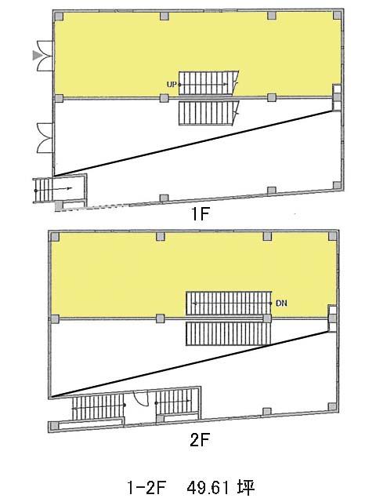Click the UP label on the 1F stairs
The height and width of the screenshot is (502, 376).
coord(172,85)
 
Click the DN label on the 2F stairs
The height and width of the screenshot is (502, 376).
coord(281,303)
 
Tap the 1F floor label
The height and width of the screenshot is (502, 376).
coord(200,214)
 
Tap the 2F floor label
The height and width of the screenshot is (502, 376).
coord(199,441)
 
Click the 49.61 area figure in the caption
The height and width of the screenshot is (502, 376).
coord(208,488)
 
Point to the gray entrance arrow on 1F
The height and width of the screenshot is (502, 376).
coord(38,56)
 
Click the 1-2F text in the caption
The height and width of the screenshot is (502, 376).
coord(146,488)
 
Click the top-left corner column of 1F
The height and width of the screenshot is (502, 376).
coord(59,16)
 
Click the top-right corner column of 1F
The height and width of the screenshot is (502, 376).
coord(338,15)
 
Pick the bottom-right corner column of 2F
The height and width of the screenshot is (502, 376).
coord(332,406)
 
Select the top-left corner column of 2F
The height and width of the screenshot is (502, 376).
coord(55,237)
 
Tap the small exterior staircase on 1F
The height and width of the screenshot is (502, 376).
coord(42,191)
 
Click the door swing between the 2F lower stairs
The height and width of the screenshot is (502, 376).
coord(140,398)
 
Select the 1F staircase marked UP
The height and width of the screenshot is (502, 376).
coord(208,83)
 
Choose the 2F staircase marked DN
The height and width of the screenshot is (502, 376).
coord(229,304)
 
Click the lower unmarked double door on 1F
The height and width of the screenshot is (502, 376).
coord(45,138)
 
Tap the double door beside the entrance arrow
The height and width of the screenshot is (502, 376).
coord(45,56)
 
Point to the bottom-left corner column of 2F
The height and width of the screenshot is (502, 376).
coord(55,426)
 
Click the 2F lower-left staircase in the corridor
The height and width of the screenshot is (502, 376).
coord(98,407)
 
